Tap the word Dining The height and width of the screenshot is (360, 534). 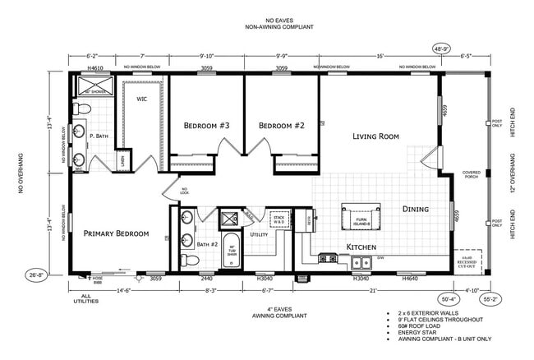pos(415,209)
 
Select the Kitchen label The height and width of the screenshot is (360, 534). pos(361,247)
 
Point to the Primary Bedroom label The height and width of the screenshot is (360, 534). pos(116,233)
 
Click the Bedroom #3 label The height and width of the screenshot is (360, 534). pos(206,126)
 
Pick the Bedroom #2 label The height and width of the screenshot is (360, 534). pos(282,126)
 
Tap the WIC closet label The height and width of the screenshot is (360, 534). pos(140,99)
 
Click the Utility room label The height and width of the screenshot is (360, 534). pos(259,235)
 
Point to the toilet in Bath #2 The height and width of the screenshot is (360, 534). pos(187,260)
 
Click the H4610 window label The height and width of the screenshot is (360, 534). pos(94,68)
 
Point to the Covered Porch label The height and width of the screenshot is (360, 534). pos(472,175)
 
